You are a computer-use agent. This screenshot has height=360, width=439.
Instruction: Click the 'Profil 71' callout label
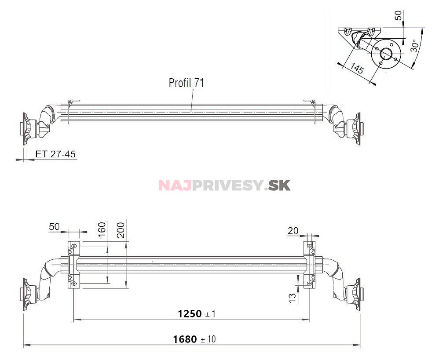[x=186, y=83]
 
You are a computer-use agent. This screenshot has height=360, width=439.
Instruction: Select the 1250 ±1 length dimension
[x=197, y=313]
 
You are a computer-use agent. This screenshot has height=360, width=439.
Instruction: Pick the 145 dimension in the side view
[x=357, y=69]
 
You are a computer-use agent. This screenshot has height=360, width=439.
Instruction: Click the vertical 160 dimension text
[x=102, y=230]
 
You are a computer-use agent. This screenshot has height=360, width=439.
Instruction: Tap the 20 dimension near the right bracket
[x=293, y=230]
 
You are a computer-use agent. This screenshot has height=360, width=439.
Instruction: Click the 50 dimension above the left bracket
[x=54, y=227]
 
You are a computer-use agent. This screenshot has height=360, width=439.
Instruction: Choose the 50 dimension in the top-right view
[x=398, y=16]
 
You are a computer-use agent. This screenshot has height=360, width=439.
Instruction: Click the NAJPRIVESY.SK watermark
[x=224, y=185]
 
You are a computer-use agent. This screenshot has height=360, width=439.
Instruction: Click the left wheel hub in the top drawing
[x=27, y=129]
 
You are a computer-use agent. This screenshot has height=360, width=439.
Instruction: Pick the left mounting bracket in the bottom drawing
[x=73, y=265]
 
